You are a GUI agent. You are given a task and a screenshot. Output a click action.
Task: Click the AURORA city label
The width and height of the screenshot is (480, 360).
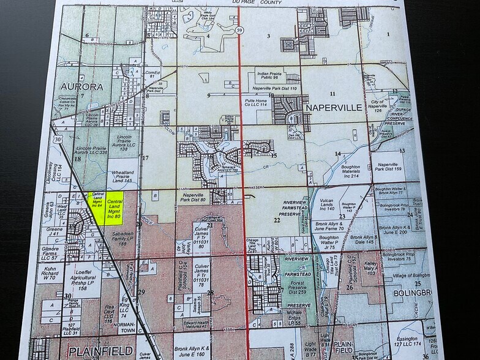point(80,87)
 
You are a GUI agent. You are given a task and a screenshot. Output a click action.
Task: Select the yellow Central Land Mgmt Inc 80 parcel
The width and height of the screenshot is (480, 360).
point(114,209)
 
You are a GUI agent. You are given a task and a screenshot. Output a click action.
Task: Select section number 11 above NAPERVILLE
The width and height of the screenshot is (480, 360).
point(332,93)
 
